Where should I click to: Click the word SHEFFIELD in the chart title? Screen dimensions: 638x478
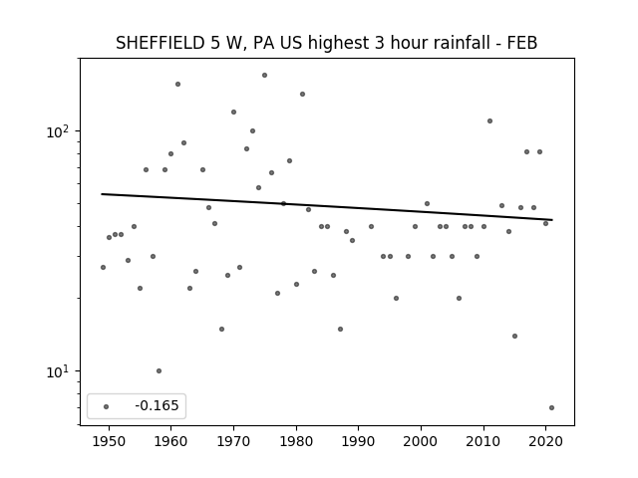point(160,43)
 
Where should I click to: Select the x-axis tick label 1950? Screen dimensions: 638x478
point(109,441)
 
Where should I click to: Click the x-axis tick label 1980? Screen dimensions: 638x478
point(296,441)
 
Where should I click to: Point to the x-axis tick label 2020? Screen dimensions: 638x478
point(546,441)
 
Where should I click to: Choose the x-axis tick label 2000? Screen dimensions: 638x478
point(421,441)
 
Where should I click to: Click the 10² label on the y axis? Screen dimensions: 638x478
point(58,131)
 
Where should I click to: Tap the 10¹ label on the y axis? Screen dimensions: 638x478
point(58,371)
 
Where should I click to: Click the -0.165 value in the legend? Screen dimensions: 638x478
point(157,405)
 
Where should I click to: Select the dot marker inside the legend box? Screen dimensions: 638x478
point(107,406)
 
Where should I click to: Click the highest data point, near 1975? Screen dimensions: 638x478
point(264,76)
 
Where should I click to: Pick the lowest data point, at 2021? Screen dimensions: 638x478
point(551,407)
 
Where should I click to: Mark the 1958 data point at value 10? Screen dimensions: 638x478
point(159,370)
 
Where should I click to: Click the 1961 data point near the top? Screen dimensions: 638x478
point(177,84)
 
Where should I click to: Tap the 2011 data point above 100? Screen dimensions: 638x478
point(489,121)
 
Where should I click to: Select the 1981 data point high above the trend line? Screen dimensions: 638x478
point(302,95)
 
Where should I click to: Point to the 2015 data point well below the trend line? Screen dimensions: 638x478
point(514,337)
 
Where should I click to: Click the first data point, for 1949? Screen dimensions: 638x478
point(103,268)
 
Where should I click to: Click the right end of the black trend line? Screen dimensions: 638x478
point(552,220)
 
